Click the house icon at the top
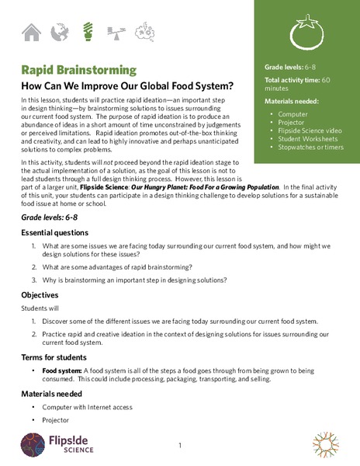32,33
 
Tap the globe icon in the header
58,33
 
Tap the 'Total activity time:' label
292,80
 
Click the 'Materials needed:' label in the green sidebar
292,101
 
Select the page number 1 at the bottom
179,446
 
